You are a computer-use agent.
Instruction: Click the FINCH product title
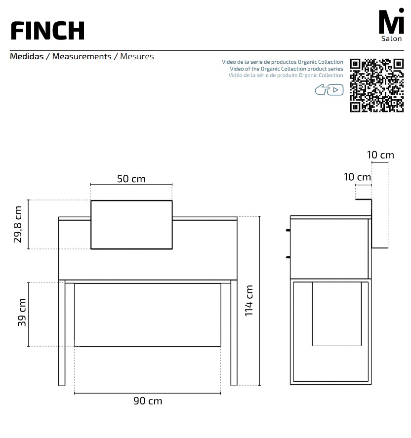47,31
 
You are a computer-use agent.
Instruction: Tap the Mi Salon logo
391,25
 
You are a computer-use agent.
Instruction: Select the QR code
376,85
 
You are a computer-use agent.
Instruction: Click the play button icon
335,90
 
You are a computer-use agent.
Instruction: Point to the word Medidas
27,56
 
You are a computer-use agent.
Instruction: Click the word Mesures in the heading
137,56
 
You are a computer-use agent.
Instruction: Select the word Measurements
82,56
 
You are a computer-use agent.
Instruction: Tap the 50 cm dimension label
131,179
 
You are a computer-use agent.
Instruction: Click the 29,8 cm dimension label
18,224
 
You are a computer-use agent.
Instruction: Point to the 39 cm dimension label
22,313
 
